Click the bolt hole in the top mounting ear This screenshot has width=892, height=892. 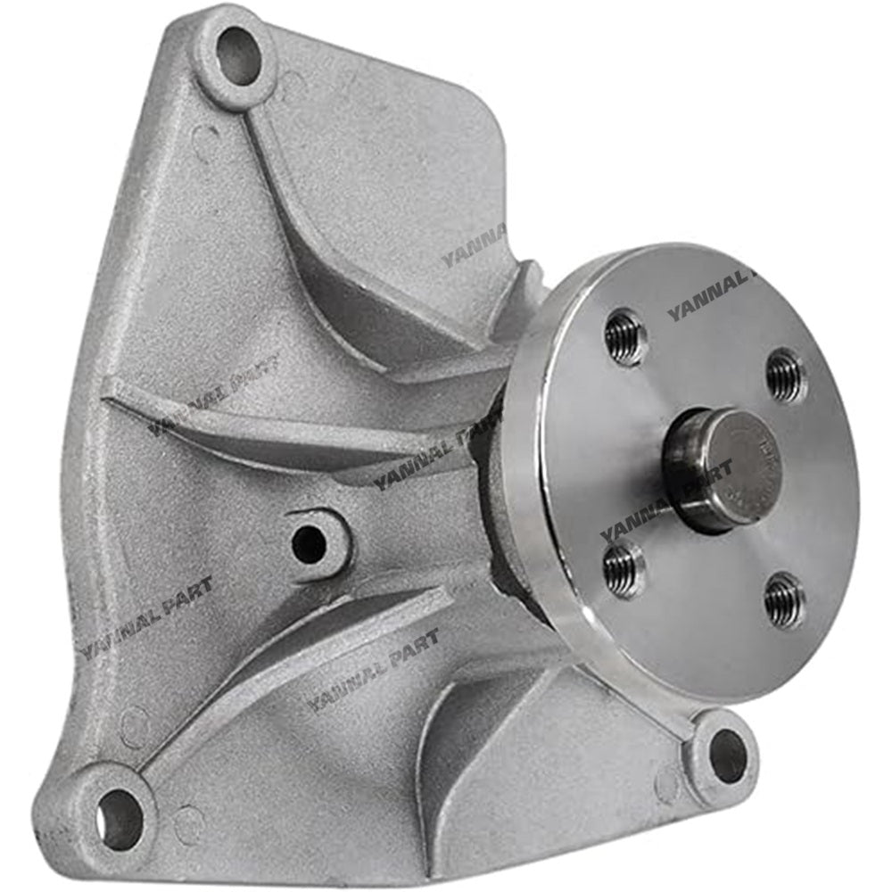tap(238, 56)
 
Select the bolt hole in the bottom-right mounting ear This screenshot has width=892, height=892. tap(727, 756)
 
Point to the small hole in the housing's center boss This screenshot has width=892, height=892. tap(309, 544)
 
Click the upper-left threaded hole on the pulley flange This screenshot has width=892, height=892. tap(624, 337)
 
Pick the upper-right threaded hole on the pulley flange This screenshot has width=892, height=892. tap(785, 376)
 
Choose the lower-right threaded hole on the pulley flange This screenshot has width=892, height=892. tap(783, 600)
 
